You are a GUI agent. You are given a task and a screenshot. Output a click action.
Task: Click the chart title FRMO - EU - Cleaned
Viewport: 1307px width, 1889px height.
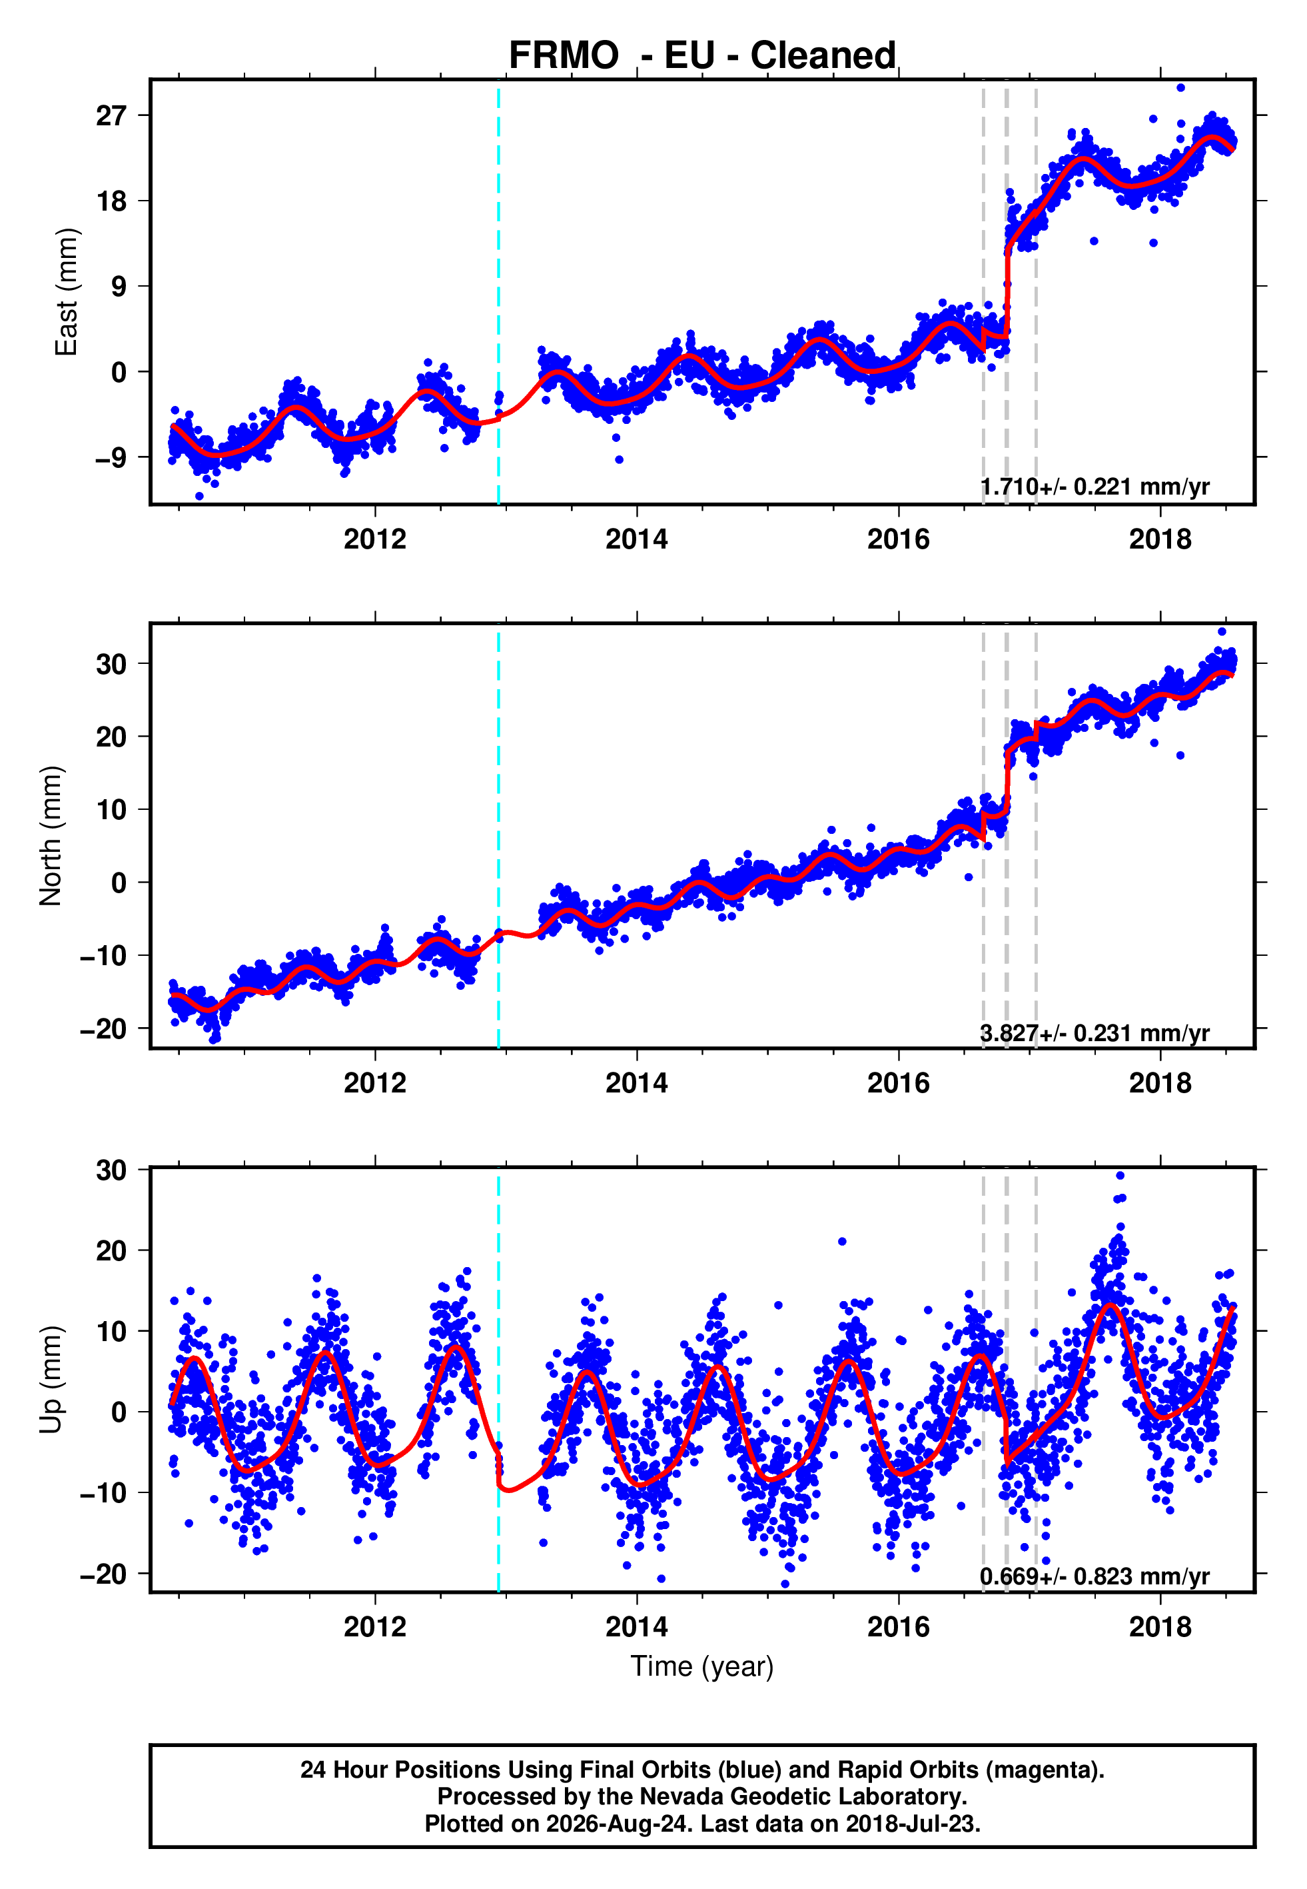702,56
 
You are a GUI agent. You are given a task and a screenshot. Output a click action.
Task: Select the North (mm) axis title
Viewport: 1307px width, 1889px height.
51,836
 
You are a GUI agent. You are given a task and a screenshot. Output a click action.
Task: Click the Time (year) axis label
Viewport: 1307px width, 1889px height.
702,1667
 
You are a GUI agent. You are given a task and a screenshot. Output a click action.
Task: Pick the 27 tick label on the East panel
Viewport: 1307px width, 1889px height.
111,115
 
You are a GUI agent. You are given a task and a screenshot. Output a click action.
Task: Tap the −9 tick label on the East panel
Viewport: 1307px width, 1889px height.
111,457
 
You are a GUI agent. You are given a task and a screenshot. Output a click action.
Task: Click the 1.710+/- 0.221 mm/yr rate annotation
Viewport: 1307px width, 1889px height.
1095,487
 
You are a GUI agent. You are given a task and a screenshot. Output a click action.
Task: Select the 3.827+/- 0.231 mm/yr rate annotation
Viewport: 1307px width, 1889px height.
1095,1033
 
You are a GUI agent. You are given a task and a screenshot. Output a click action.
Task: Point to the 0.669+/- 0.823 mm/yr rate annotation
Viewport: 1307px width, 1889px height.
1095,1576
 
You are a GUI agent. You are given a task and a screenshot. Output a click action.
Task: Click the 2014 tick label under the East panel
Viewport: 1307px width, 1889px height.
636,539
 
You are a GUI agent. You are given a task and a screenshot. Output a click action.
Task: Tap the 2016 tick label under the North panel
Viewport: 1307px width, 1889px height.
899,1083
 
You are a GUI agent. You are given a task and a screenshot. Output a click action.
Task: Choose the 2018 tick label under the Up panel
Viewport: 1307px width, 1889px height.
1160,1626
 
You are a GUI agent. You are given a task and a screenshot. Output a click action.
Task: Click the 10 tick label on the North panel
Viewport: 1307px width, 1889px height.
111,809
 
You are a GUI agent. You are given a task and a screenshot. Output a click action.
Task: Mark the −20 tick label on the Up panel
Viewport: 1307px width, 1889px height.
103,1574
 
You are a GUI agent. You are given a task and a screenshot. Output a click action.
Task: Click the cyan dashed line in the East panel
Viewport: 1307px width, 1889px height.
499,293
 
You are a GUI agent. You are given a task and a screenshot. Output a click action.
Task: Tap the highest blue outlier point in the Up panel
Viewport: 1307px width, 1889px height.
1120,1176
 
